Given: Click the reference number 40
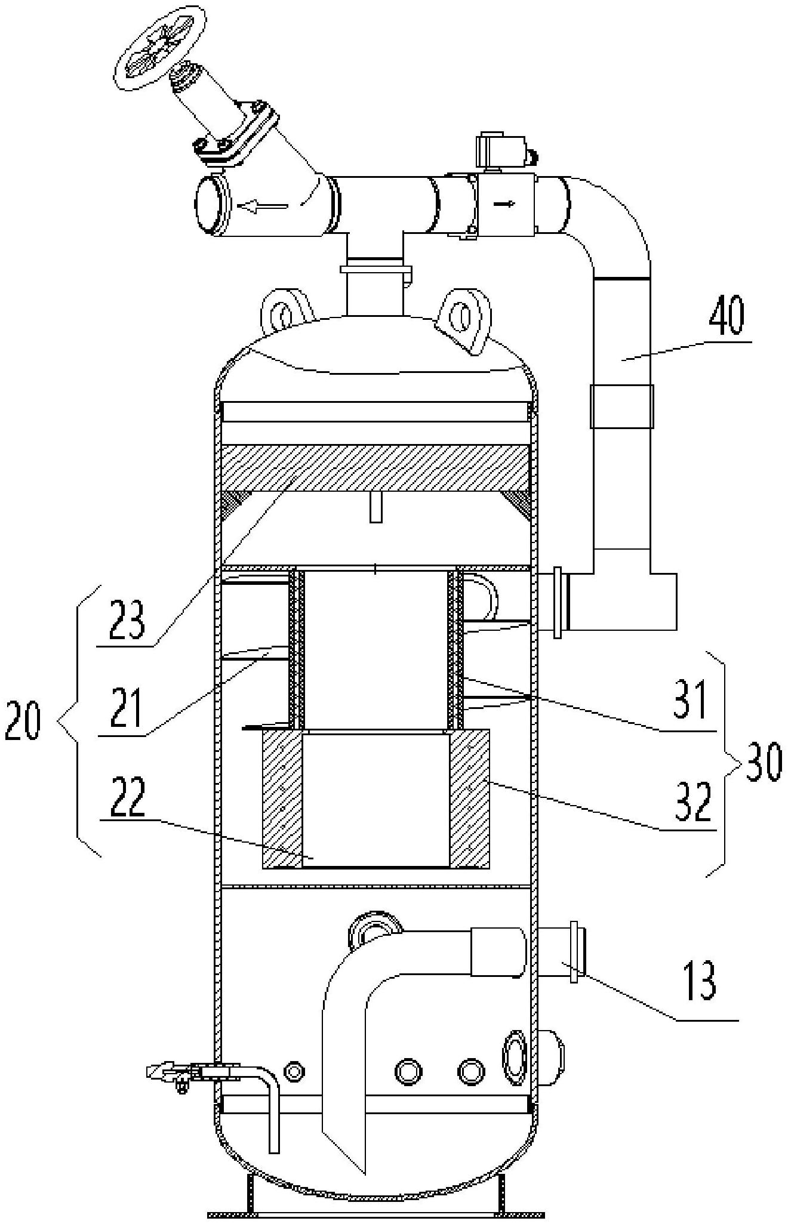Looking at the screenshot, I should (727, 320).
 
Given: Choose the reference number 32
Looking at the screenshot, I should (694, 803).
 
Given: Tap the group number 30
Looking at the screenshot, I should (760, 762).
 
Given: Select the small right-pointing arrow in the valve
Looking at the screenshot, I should (506, 204).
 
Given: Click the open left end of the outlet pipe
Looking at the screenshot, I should (209, 204).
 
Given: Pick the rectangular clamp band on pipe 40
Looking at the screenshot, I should (621, 406).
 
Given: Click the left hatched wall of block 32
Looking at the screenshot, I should (282, 798).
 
